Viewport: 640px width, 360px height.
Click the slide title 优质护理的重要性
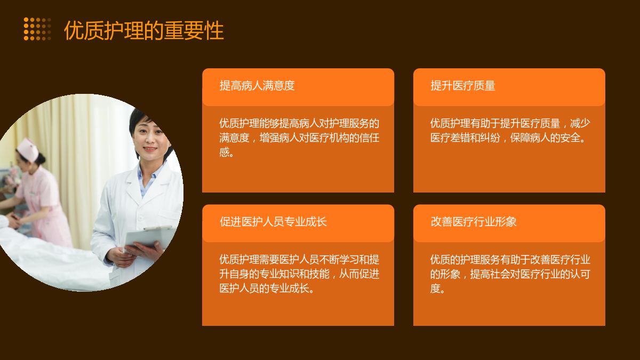pos(143,30)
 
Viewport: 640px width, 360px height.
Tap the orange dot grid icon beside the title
pos(37,29)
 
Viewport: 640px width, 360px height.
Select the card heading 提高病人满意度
pos(257,85)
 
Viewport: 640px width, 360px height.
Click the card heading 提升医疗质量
pos(463,85)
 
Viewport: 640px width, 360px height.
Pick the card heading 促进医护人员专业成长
pos(273,222)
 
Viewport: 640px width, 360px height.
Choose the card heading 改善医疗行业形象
pos(474,222)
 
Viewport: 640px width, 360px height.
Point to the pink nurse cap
pos(28,149)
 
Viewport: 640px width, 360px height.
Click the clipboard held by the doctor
pos(150,237)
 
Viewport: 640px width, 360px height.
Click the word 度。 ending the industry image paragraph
pos(438,289)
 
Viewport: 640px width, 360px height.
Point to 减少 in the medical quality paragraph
pos(580,123)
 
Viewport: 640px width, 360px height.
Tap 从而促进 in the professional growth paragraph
pos(359,274)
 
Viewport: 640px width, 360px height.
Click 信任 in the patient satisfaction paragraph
pos(369,138)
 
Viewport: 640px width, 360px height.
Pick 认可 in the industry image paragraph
pos(580,274)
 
